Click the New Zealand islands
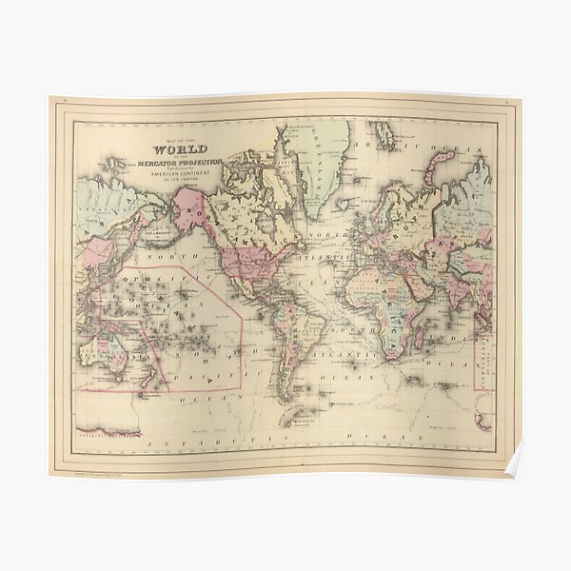coord(149,379)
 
